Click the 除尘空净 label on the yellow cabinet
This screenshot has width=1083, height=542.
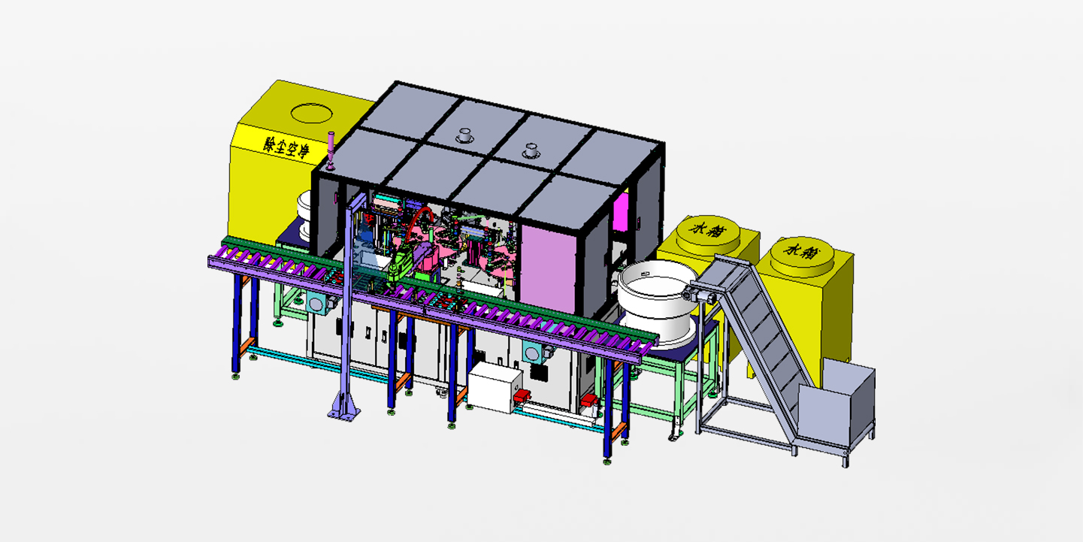(x=286, y=147)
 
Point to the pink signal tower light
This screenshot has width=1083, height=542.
(x=331, y=150)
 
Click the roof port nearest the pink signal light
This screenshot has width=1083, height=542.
(x=464, y=135)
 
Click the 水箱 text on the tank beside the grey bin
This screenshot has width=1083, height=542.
(x=801, y=251)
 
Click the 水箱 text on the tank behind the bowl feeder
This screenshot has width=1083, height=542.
(x=707, y=229)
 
